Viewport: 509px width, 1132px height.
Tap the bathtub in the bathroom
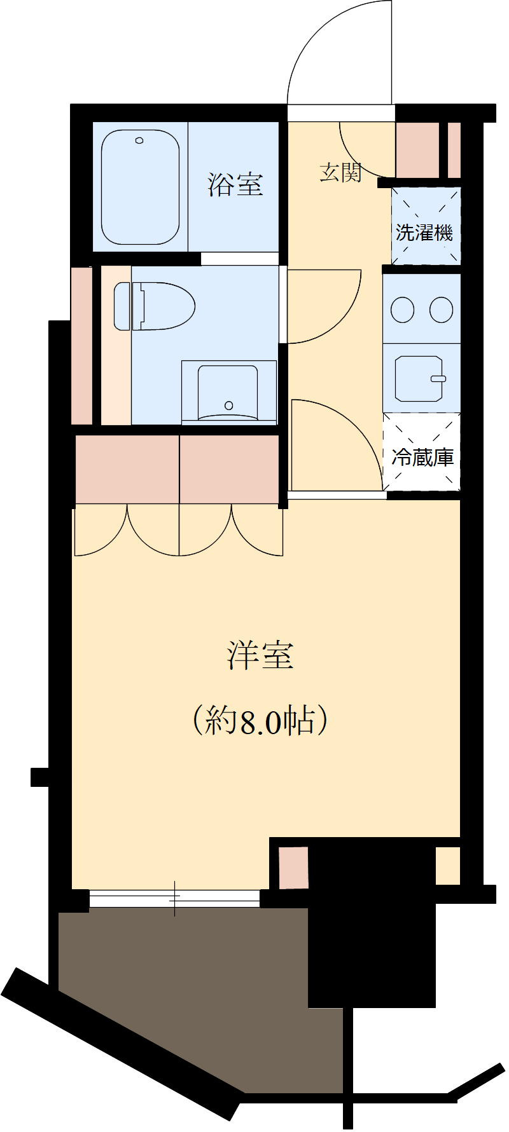pyautogui.click(x=140, y=188)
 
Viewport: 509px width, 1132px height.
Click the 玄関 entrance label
pyautogui.click(x=341, y=172)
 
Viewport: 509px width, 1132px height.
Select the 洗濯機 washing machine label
pyautogui.click(x=424, y=233)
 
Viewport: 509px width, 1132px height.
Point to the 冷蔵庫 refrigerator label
pyautogui.click(x=422, y=456)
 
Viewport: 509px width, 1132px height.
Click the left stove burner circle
pyautogui.click(x=402, y=310)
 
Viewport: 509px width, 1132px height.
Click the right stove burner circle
pyautogui.click(x=441, y=310)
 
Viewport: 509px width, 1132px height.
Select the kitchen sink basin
pyautogui.click(x=419, y=378)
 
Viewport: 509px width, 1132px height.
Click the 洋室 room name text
pyautogui.click(x=261, y=656)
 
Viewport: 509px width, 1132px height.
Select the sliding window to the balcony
pyautogui.click(x=174, y=898)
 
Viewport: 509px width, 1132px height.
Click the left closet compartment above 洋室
pyautogui.click(x=127, y=469)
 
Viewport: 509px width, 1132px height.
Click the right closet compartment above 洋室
pyautogui.click(x=230, y=469)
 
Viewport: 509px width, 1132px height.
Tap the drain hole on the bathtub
pyautogui.click(x=139, y=140)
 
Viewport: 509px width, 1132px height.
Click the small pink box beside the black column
pyautogui.click(x=294, y=868)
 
